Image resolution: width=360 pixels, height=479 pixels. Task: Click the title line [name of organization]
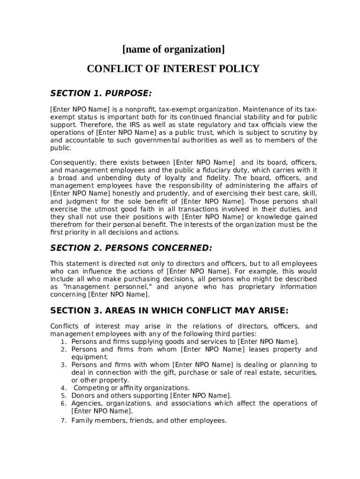tap(173, 49)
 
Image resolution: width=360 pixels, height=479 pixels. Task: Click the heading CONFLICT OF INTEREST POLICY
tap(173, 69)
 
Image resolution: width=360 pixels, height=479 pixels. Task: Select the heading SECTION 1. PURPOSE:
tap(101, 94)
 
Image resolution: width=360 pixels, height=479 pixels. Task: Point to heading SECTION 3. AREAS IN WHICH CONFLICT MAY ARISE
tap(169, 311)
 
